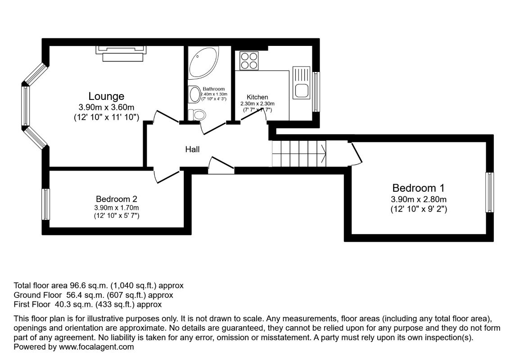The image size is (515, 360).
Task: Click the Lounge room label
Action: (106, 96)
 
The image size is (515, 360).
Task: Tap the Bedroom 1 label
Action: (414, 188)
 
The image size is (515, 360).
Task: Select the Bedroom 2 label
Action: (116, 199)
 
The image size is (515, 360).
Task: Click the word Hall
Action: (192, 149)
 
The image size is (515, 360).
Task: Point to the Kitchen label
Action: (257, 97)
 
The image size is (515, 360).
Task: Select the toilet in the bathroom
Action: (197, 114)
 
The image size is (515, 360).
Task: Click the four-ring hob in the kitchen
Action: (249, 61)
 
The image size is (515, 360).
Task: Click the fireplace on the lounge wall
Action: (121, 53)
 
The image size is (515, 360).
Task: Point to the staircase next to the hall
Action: (298, 153)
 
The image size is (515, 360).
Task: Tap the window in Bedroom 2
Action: (45, 204)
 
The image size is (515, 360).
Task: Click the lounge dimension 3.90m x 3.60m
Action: (106, 108)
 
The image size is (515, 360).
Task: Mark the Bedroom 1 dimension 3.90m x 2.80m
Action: (414, 199)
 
